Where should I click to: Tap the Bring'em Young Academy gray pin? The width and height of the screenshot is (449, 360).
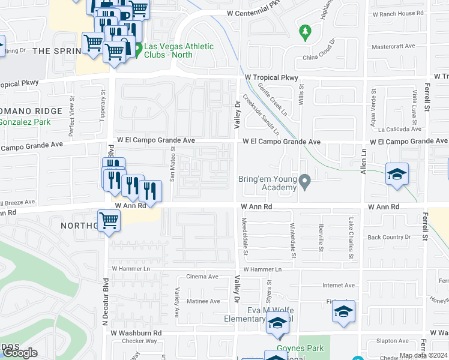coord(306,180)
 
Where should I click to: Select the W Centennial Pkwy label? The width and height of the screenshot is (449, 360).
coord(254,12)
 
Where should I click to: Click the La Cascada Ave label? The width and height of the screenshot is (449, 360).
coord(398,128)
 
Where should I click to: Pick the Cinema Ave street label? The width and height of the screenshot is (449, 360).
coord(202,277)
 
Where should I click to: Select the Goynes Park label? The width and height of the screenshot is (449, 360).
coord(300,348)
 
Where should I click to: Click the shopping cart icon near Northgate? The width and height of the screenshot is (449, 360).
coord(109,220)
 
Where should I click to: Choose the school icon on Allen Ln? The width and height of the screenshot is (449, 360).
coord(397,175)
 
